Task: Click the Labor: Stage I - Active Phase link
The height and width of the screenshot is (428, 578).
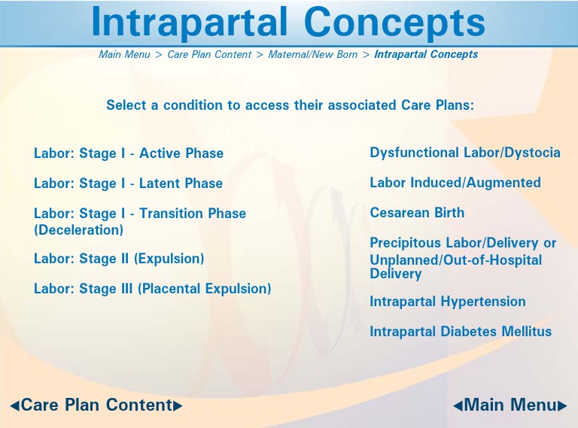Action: (x=129, y=153)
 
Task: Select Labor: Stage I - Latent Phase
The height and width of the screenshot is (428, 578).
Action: (x=128, y=184)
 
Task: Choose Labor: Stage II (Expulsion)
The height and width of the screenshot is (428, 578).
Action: (x=119, y=259)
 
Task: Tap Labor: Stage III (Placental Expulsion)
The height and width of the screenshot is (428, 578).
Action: (x=152, y=289)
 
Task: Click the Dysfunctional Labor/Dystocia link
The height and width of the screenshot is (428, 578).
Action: (x=465, y=153)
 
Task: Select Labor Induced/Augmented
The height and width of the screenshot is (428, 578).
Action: (x=455, y=183)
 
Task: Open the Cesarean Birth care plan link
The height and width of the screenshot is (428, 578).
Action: (x=417, y=213)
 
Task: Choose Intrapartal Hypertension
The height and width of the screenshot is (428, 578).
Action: (x=448, y=302)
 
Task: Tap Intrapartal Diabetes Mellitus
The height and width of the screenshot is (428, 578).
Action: (x=461, y=332)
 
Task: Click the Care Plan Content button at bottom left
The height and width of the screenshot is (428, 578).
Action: (x=96, y=405)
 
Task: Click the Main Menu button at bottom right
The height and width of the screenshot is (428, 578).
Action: (x=510, y=405)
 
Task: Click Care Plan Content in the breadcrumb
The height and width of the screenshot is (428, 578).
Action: (x=209, y=55)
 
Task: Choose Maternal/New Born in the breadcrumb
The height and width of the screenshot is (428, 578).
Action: (x=312, y=55)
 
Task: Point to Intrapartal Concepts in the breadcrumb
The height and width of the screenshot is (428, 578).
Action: (x=426, y=55)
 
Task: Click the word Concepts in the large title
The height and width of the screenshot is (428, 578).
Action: (x=394, y=23)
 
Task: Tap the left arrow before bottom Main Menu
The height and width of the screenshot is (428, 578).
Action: (x=457, y=406)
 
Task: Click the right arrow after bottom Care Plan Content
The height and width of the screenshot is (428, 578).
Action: (x=178, y=406)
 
